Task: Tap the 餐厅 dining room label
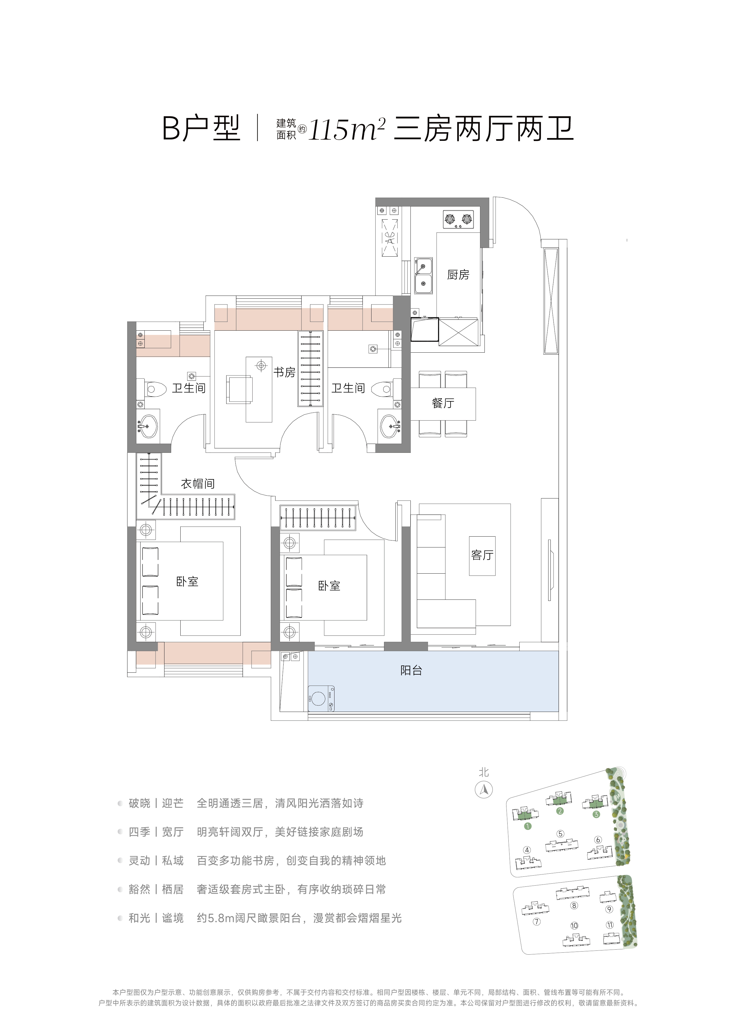443,403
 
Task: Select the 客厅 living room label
482,555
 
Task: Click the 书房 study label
284,372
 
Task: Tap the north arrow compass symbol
484,789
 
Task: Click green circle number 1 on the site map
528,826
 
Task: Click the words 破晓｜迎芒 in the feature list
156,803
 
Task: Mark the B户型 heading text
201,129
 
